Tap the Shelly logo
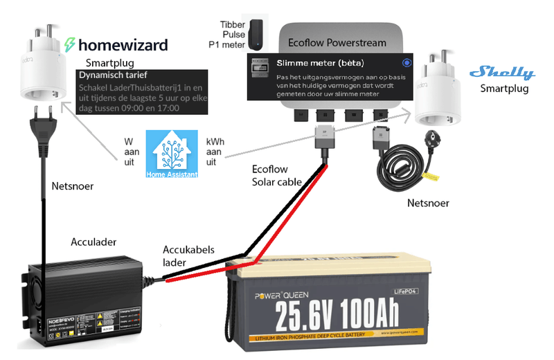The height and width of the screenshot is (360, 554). point(502,73)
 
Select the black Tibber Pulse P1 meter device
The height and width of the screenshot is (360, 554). point(258,34)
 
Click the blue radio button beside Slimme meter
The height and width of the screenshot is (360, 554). point(406,62)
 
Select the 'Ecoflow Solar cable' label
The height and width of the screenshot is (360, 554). point(276,175)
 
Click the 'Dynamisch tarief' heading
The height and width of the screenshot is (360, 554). point(112,74)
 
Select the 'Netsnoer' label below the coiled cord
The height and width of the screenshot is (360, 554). point(428,203)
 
